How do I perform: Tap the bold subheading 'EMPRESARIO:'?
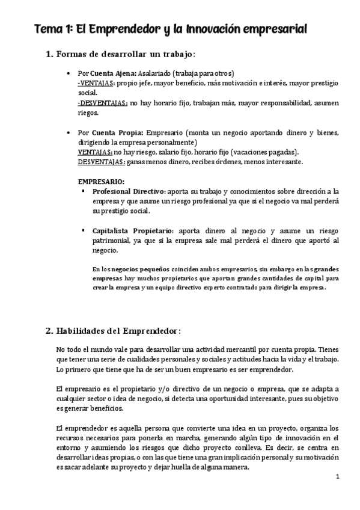102,181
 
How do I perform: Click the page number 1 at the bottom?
338,478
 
